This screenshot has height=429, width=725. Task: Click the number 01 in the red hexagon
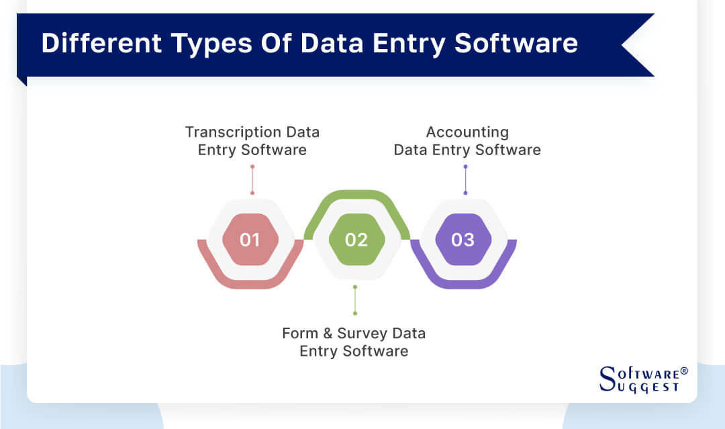[x=250, y=240]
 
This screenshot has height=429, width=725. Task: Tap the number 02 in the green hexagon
[x=356, y=240]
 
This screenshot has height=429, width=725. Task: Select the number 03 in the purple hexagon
[x=463, y=240]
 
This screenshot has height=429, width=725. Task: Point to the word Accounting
[x=467, y=132]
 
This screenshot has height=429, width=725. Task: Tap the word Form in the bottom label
[x=299, y=334]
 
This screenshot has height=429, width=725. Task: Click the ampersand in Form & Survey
[x=324, y=334]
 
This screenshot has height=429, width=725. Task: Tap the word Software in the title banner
[x=516, y=43]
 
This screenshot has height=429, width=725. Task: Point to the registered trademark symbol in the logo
[x=684, y=371]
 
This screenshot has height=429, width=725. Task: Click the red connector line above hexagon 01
[x=252, y=180]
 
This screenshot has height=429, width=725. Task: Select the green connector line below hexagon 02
[x=355, y=300]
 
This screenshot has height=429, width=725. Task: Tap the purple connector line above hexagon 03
[x=465, y=180]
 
